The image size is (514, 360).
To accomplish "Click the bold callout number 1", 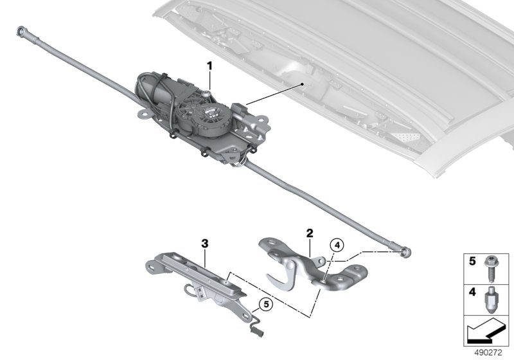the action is tap(209, 66).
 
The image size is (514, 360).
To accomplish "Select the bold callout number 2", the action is tap(310, 233).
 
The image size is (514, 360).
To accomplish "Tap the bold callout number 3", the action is tap(204, 244).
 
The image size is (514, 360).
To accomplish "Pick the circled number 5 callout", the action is tap(266, 304).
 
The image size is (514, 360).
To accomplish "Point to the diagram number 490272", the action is tap(488, 353).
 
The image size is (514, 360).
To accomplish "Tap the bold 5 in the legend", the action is tap(472, 261).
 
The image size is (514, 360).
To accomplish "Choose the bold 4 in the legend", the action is tap(472, 292).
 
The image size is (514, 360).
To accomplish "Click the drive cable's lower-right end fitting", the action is tap(405, 252).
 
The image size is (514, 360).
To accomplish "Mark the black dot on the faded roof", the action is tap(302, 84).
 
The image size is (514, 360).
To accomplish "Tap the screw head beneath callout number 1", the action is tap(206, 94).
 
